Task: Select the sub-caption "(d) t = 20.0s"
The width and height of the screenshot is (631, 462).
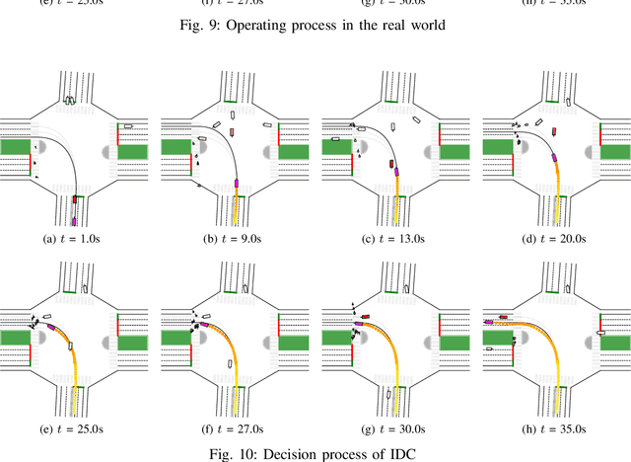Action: tap(553, 239)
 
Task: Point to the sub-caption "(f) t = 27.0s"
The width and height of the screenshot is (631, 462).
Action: tap(235, 429)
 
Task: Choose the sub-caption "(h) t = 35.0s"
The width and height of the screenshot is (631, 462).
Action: tap(553, 429)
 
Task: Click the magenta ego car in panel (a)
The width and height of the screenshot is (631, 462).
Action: tap(73, 219)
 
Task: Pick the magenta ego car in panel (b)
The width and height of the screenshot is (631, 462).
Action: tap(237, 183)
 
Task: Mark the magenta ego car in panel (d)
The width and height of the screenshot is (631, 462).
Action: tap(554, 157)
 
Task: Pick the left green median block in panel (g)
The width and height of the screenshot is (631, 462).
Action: tap(336, 341)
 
